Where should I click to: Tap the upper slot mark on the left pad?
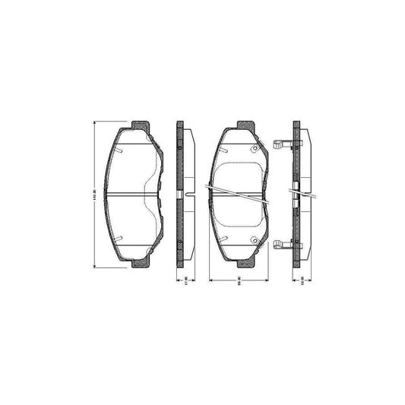(x=121, y=150)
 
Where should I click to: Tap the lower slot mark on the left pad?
(x=121, y=239)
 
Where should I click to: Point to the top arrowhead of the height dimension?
(x=94, y=122)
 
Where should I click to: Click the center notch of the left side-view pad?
(x=180, y=195)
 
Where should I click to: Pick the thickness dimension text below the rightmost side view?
(x=301, y=282)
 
